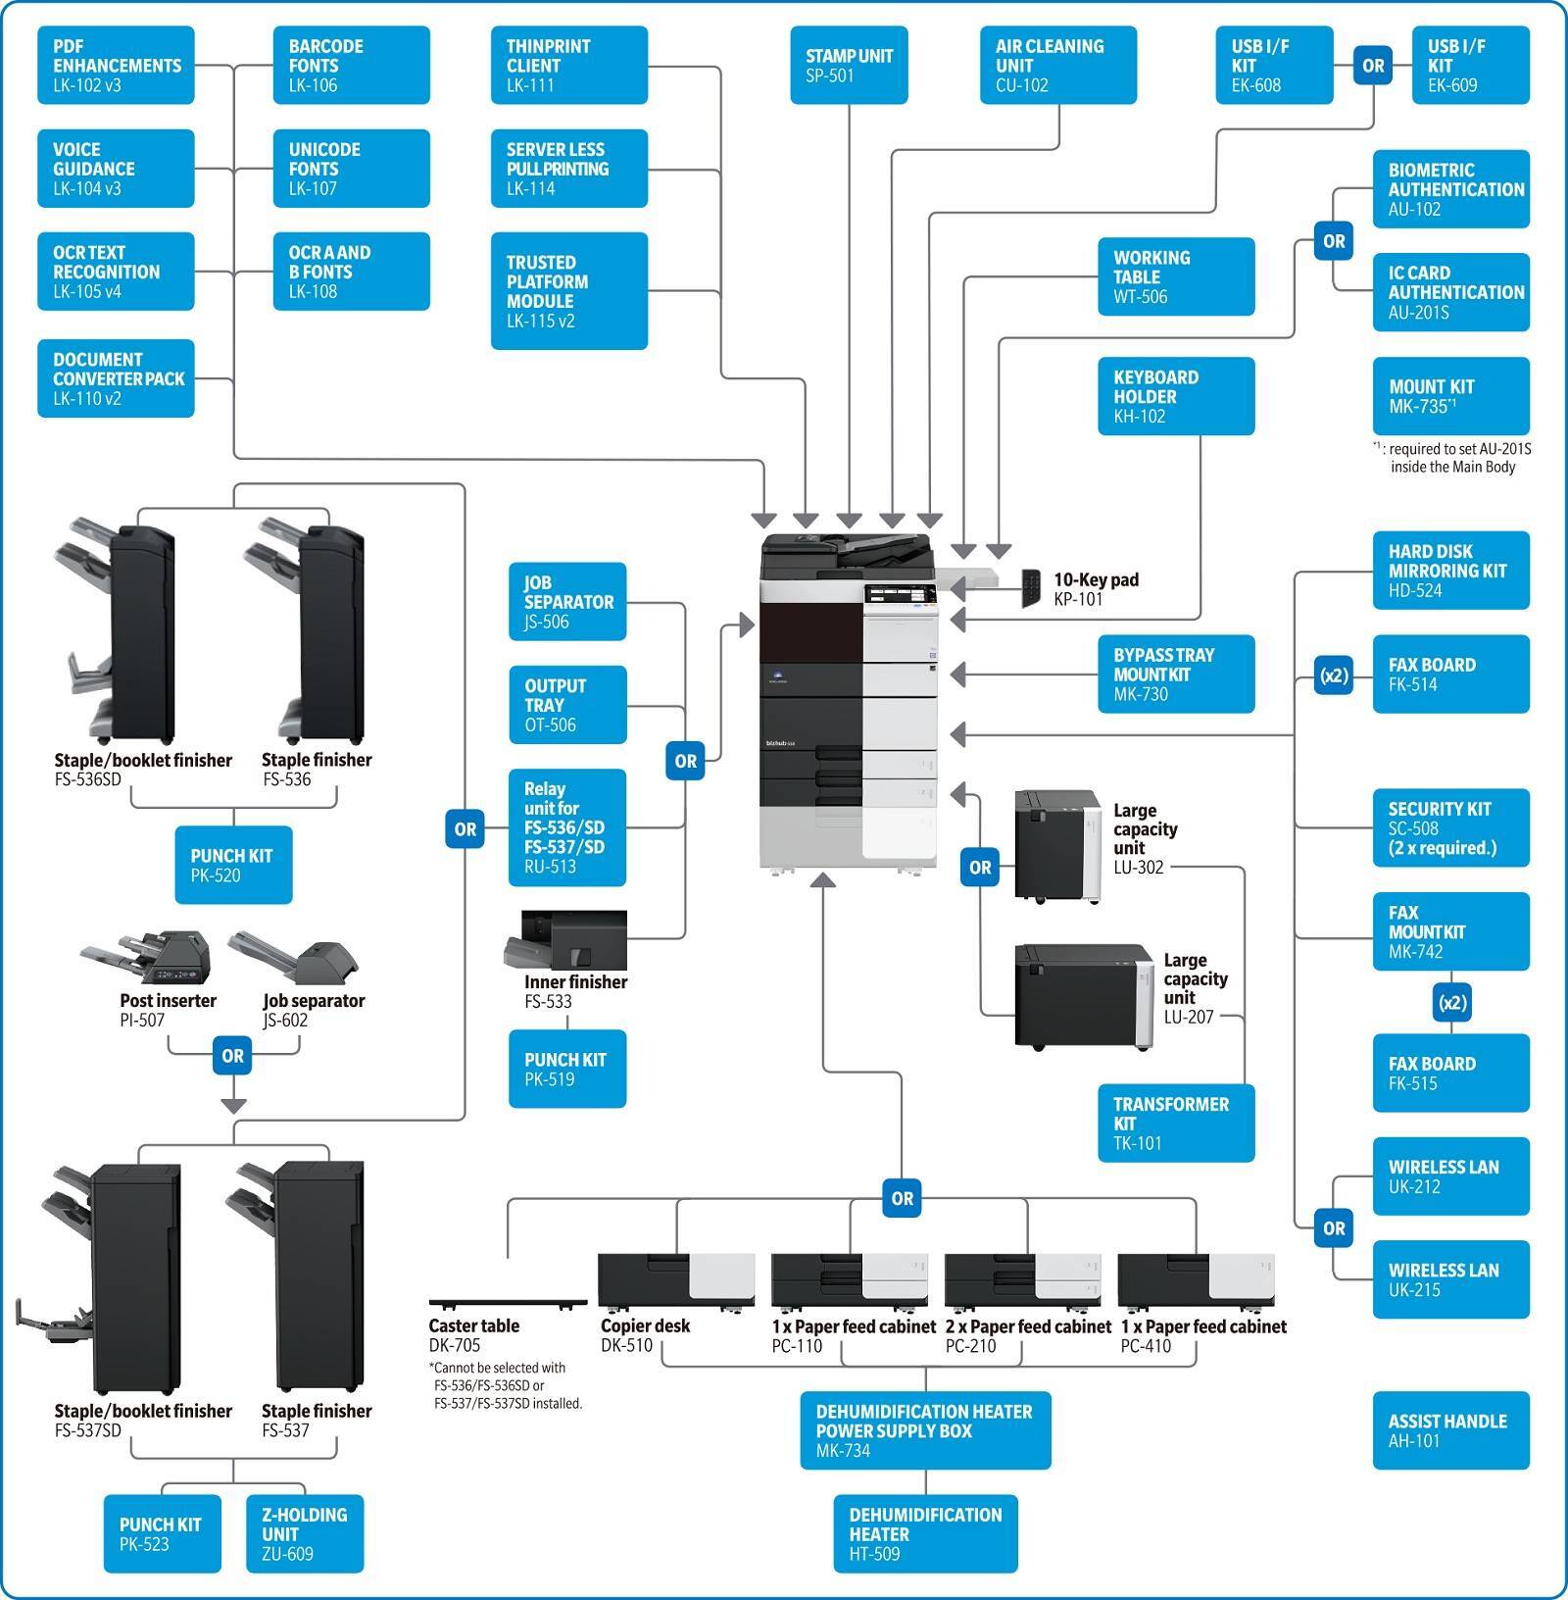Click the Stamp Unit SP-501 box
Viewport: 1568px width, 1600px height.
(x=849, y=65)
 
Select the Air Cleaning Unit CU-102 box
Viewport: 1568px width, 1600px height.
(x=1058, y=65)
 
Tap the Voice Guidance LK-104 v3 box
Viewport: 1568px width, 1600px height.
(x=116, y=169)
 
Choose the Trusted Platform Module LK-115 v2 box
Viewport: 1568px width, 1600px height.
(x=568, y=290)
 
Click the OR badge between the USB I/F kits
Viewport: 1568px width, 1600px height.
(x=1373, y=66)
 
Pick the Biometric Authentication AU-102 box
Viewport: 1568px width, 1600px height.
(x=1450, y=189)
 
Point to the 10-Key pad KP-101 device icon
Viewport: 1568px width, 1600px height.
(x=1031, y=587)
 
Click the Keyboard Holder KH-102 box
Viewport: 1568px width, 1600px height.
(x=1176, y=396)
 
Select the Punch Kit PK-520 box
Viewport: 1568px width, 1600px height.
(x=233, y=865)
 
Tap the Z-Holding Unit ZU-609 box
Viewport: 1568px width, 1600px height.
(x=305, y=1533)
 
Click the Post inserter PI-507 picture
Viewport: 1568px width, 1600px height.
(x=147, y=958)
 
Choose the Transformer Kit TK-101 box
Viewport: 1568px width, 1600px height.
(x=1176, y=1123)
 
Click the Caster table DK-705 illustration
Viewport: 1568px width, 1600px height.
(x=508, y=1304)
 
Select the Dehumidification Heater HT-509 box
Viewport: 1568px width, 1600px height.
(x=925, y=1533)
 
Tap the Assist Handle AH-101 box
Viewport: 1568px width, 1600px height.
(x=1450, y=1430)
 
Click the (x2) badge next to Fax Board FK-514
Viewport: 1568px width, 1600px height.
(x=1334, y=675)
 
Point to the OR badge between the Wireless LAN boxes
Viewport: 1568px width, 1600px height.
(x=1334, y=1227)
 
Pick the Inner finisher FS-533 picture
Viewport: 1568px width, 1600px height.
(x=566, y=941)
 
